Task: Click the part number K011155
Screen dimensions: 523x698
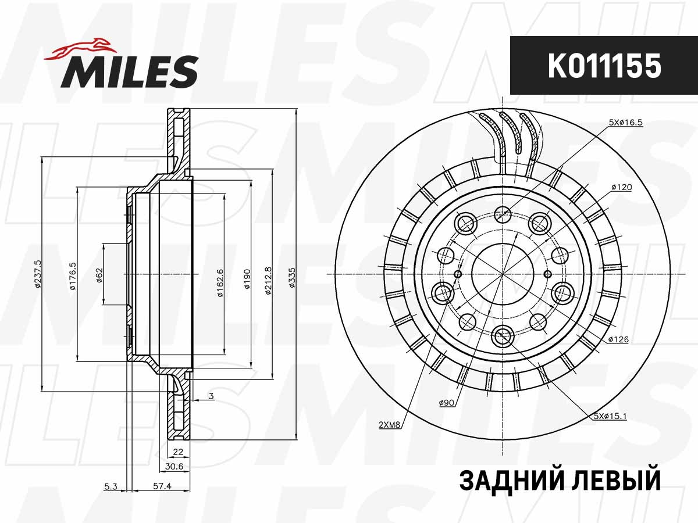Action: tap(604, 66)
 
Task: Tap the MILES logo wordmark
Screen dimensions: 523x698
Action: tap(130, 71)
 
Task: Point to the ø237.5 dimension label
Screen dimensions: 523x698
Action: tap(38, 275)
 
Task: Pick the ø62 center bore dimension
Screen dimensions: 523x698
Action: tap(99, 273)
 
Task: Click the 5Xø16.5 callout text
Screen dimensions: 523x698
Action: tap(625, 123)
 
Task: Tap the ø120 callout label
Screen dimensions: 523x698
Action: tap(621, 188)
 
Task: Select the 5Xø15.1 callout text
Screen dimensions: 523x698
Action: tap(610, 416)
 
